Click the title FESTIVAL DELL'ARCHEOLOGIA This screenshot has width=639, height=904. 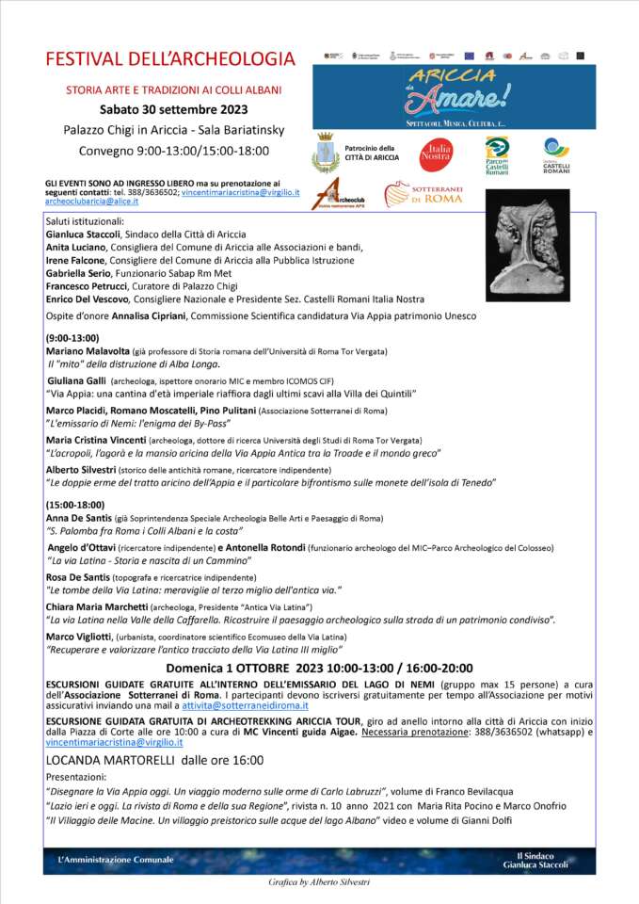(170, 59)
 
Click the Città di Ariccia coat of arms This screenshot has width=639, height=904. (326, 153)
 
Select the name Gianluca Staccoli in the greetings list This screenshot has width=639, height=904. (87, 233)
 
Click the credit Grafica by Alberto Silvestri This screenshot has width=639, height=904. (318, 883)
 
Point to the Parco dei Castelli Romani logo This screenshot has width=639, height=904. (496, 154)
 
